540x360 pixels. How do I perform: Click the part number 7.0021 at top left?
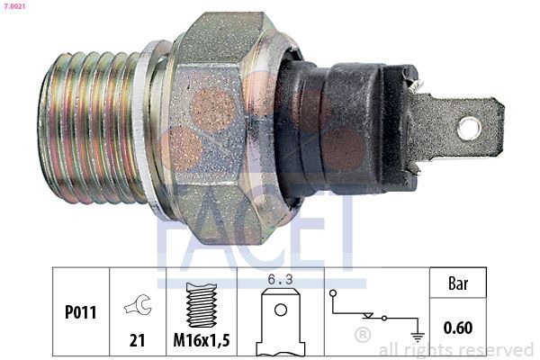[x=14, y=6]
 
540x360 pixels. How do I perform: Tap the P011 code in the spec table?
[x=81, y=312]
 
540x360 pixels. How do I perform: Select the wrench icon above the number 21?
[x=138, y=304]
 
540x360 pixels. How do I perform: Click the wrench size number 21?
[x=137, y=340]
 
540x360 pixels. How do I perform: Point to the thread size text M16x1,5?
[x=202, y=340]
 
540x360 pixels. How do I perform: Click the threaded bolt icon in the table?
[x=202, y=305]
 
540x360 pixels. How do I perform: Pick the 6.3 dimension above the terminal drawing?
[x=280, y=280]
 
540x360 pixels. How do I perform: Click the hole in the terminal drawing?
[x=281, y=310]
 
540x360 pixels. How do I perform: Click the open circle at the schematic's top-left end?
[x=333, y=293]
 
